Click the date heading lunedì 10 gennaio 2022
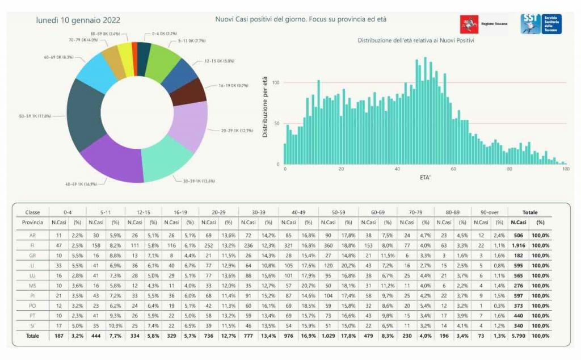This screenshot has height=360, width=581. pyautogui.click(x=78, y=20)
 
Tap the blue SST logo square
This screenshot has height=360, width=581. pyautogui.click(x=531, y=24)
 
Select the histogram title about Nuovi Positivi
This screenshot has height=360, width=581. pyautogui.click(x=416, y=41)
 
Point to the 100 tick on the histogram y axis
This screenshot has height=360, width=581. pyautogui.click(x=276, y=83)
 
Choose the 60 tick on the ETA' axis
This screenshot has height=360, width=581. pyautogui.click(x=453, y=169)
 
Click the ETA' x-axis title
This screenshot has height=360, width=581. pyautogui.click(x=424, y=178)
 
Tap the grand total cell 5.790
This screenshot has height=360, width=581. pyautogui.click(x=518, y=336)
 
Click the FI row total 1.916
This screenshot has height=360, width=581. pyautogui.click(x=518, y=245)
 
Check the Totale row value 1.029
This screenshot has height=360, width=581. pyautogui.click(x=329, y=336)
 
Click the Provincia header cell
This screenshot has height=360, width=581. pyautogui.click(x=32, y=222)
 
